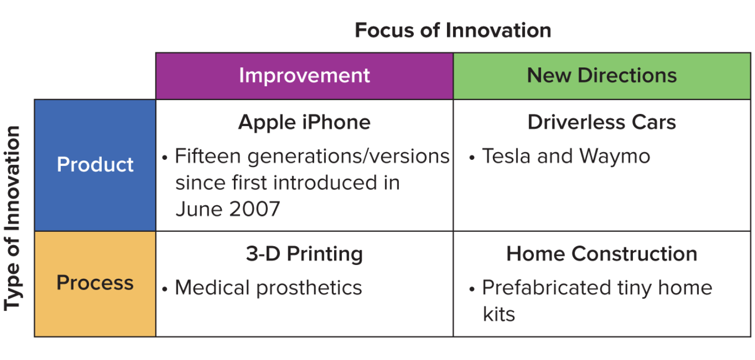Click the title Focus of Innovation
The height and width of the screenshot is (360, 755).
(x=453, y=30)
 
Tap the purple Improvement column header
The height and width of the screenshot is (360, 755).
(x=304, y=76)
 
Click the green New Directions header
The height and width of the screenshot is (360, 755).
(x=602, y=76)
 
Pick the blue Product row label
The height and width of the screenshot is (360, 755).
(x=95, y=164)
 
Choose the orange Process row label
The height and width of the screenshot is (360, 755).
(x=95, y=282)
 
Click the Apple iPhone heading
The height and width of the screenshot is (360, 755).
(x=304, y=123)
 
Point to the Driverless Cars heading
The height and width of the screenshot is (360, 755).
(x=602, y=123)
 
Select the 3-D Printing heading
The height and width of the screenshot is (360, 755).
(x=304, y=254)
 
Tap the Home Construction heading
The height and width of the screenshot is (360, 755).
(x=602, y=254)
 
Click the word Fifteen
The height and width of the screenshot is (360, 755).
(x=207, y=156)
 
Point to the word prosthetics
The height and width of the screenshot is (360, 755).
(x=309, y=288)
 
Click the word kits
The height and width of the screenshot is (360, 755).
(x=499, y=314)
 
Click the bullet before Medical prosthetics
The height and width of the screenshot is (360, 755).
(x=165, y=289)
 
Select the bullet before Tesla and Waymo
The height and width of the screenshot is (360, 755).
(x=472, y=157)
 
